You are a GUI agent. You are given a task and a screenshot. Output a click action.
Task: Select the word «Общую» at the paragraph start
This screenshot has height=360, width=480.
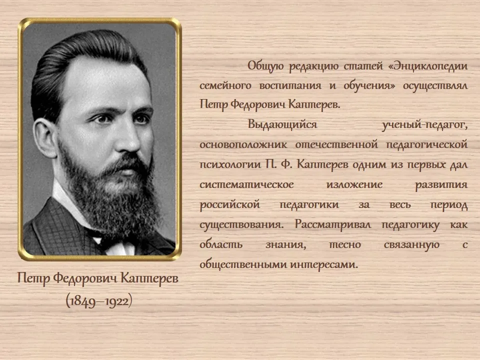tap(265, 66)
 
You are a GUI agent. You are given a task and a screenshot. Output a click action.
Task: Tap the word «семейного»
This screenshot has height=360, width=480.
tap(225, 85)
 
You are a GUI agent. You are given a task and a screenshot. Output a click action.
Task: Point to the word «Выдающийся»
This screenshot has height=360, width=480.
tap(282, 125)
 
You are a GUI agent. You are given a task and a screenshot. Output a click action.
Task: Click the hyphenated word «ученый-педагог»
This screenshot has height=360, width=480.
tap(425, 125)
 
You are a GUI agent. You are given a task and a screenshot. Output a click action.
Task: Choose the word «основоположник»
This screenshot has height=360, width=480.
tap(243, 144)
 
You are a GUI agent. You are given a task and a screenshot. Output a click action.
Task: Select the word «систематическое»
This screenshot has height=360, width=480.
tap(246, 184)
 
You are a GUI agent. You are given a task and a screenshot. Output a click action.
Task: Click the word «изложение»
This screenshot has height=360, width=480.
tap(354, 184)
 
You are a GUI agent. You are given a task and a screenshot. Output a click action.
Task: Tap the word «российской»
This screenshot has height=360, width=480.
tap(229, 204)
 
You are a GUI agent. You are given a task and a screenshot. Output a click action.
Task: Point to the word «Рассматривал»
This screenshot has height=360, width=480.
tap(333, 224)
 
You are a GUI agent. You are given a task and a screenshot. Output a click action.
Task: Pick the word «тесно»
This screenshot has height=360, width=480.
tap(344, 244)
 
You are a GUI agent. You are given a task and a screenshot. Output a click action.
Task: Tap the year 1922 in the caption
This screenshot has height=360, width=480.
tap(116, 301)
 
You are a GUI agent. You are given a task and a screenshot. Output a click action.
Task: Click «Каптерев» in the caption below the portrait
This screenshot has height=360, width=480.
tap(149, 278)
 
